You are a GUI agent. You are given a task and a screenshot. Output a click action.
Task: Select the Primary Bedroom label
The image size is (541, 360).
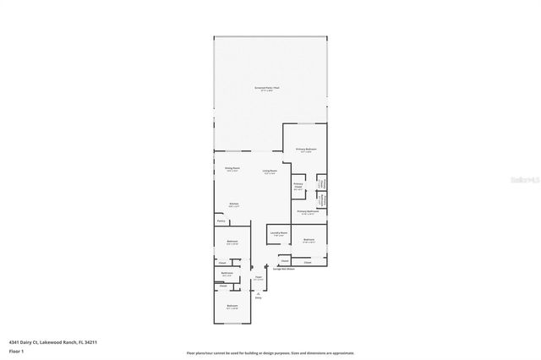tap(305, 150)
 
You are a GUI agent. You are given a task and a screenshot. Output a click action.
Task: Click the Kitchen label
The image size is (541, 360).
tap(232, 205)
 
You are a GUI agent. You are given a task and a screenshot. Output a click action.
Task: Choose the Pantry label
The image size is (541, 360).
tap(221, 222)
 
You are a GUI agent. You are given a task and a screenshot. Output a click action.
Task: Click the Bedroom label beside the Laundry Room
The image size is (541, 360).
tap(309, 241)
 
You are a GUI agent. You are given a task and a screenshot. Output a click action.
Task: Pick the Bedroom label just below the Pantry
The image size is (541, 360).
tap(232, 243)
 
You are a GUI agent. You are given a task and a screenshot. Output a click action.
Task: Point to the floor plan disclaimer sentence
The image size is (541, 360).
tap(270, 352)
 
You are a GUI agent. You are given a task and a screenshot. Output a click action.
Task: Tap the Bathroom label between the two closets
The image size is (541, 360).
tap(227, 273)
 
